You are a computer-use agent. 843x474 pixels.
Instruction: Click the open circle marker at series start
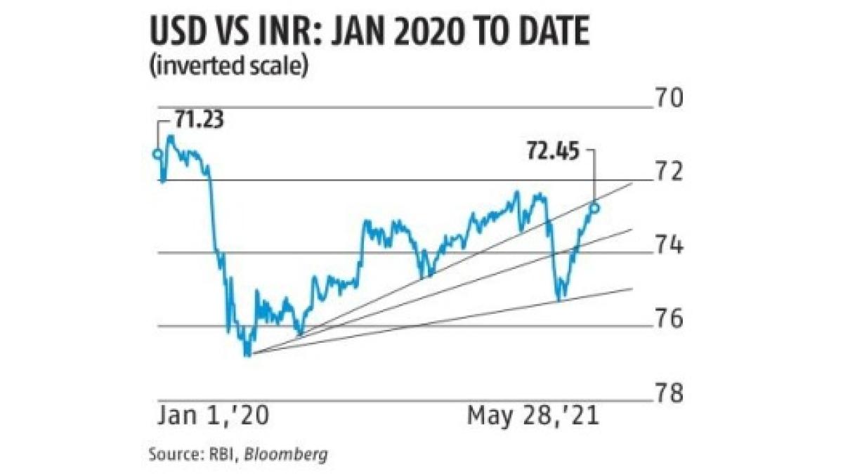click(157, 153)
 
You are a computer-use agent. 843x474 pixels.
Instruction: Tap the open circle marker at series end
click(596, 207)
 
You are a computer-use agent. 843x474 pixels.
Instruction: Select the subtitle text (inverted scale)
click(228, 68)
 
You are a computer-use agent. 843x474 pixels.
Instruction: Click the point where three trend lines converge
click(251, 353)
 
